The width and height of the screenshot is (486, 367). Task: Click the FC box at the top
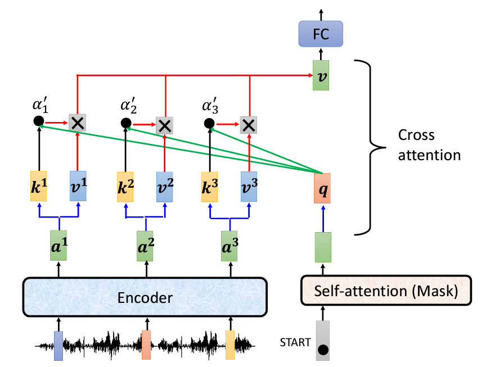(x=320, y=34)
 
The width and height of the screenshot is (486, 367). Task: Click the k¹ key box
(x=38, y=186)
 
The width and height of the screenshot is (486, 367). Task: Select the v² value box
(x=166, y=186)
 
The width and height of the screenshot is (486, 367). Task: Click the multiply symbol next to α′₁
(x=77, y=123)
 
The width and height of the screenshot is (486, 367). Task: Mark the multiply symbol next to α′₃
(x=248, y=124)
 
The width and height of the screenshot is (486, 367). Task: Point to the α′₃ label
(x=210, y=106)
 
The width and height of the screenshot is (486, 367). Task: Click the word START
(x=295, y=341)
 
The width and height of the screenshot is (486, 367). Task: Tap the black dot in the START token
(x=323, y=352)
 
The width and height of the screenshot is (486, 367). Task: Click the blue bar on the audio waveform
(x=58, y=345)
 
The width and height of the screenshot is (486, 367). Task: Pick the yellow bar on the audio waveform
(x=230, y=345)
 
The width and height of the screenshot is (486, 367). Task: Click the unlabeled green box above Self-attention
(x=322, y=247)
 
